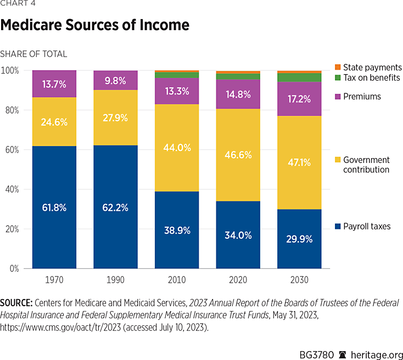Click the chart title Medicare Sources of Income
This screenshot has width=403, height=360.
point(95,25)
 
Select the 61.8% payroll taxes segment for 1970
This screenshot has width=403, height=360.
point(54,207)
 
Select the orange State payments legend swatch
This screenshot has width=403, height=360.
point(338,67)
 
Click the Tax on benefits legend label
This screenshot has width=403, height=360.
point(372,77)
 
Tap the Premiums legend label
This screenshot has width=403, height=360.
point(362,97)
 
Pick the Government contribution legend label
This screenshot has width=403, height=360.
point(366,165)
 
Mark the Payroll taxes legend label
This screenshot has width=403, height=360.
point(367,226)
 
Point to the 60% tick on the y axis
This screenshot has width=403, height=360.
point(12,150)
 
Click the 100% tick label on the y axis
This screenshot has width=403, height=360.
point(10,71)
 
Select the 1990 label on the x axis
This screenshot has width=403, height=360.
point(115,280)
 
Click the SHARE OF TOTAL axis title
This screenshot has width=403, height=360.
point(33,54)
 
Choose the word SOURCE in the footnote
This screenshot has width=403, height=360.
point(18,303)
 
